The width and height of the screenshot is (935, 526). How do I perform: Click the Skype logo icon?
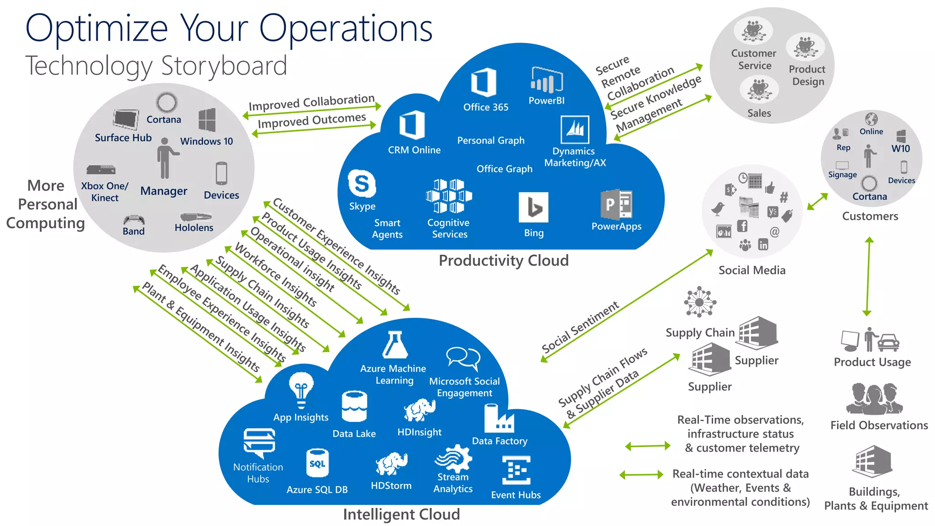point(362,184)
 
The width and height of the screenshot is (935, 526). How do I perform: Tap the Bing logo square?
point(534,207)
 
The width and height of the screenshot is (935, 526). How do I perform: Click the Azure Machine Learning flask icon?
point(394,345)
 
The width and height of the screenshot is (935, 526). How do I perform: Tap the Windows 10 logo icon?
point(207,120)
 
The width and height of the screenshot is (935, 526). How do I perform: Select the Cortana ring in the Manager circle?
point(167,102)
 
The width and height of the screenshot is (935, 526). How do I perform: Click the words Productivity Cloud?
point(504,261)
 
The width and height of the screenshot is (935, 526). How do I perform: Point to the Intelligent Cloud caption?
point(401,515)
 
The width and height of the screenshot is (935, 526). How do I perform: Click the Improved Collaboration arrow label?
point(311,103)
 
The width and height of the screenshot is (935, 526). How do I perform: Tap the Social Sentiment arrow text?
point(580,327)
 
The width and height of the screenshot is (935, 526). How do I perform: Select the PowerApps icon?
point(616,205)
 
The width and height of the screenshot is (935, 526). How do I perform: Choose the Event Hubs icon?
point(516,470)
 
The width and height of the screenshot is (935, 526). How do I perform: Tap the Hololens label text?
point(194,228)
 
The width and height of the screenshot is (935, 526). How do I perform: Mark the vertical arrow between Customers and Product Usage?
point(868,276)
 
